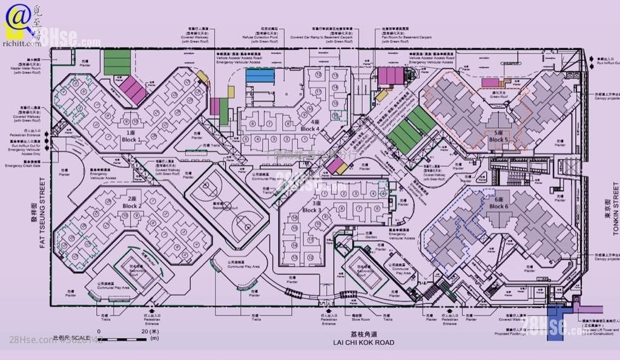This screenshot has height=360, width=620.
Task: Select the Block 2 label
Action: pyautogui.click(x=131, y=203)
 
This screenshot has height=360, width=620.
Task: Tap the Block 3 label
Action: pyautogui.click(x=311, y=207)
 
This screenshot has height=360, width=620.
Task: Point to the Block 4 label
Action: pyautogui.click(x=309, y=125)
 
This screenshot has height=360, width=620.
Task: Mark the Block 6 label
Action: pyautogui.click(x=498, y=203)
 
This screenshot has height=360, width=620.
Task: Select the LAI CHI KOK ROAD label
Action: pyautogui.click(x=363, y=342)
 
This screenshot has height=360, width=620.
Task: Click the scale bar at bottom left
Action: pyautogui.click(x=122, y=339)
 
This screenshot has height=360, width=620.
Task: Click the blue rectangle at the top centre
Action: pyautogui.click(x=260, y=75)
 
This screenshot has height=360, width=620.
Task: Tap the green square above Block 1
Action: pyautogui.click(x=117, y=62)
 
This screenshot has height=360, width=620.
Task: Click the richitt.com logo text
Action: pyautogui.click(x=21, y=43)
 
